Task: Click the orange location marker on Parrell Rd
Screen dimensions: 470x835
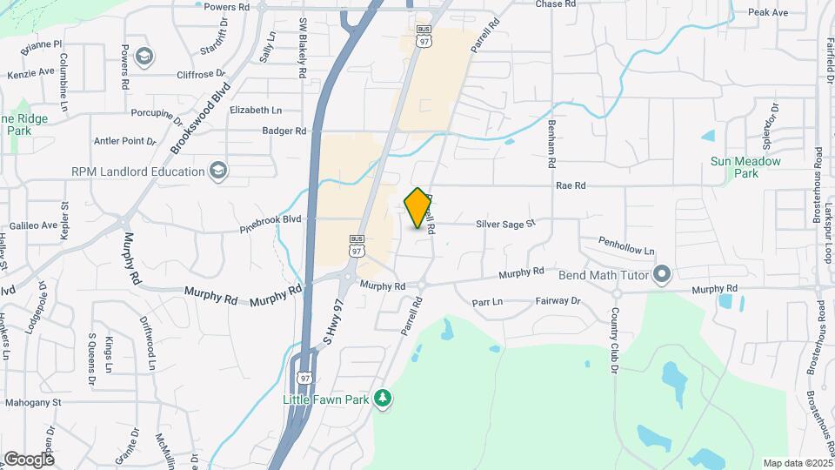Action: (x=418, y=208)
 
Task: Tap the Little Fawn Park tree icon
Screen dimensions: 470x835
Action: (x=382, y=399)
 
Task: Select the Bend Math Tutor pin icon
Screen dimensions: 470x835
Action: (x=662, y=275)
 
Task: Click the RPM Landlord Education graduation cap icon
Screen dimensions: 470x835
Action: (x=217, y=171)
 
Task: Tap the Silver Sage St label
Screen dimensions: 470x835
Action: (x=504, y=224)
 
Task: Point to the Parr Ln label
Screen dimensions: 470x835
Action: (x=487, y=302)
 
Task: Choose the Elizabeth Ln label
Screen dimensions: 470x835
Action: (x=256, y=111)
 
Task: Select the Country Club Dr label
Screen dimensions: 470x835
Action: (x=614, y=340)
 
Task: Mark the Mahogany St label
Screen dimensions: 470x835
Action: (x=33, y=403)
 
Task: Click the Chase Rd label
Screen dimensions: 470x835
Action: (x=556, y=4)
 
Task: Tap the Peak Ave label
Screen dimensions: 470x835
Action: (x=768, y=12)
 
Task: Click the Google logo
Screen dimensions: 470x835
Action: (x=29, y=459)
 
